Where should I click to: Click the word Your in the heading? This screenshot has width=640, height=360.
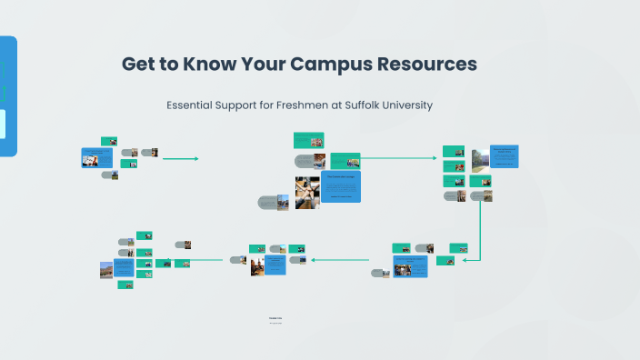click(263, 65)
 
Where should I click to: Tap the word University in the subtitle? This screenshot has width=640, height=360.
click(408, 105)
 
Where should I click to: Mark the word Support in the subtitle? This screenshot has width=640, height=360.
click(238, 105)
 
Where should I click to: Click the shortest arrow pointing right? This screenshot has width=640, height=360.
click(180, 159)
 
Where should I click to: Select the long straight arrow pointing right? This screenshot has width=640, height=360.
click(400, 158)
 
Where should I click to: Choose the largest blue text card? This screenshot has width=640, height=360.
click(341, 186)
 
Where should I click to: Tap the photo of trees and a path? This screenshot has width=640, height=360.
click(477, 160)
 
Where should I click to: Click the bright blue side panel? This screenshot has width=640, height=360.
click(8, 95)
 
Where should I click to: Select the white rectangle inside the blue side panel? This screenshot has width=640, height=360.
click(3, 125)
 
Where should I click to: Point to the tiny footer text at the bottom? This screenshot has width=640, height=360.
click(275, 319)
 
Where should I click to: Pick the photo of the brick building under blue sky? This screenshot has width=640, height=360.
click(107, 270)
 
